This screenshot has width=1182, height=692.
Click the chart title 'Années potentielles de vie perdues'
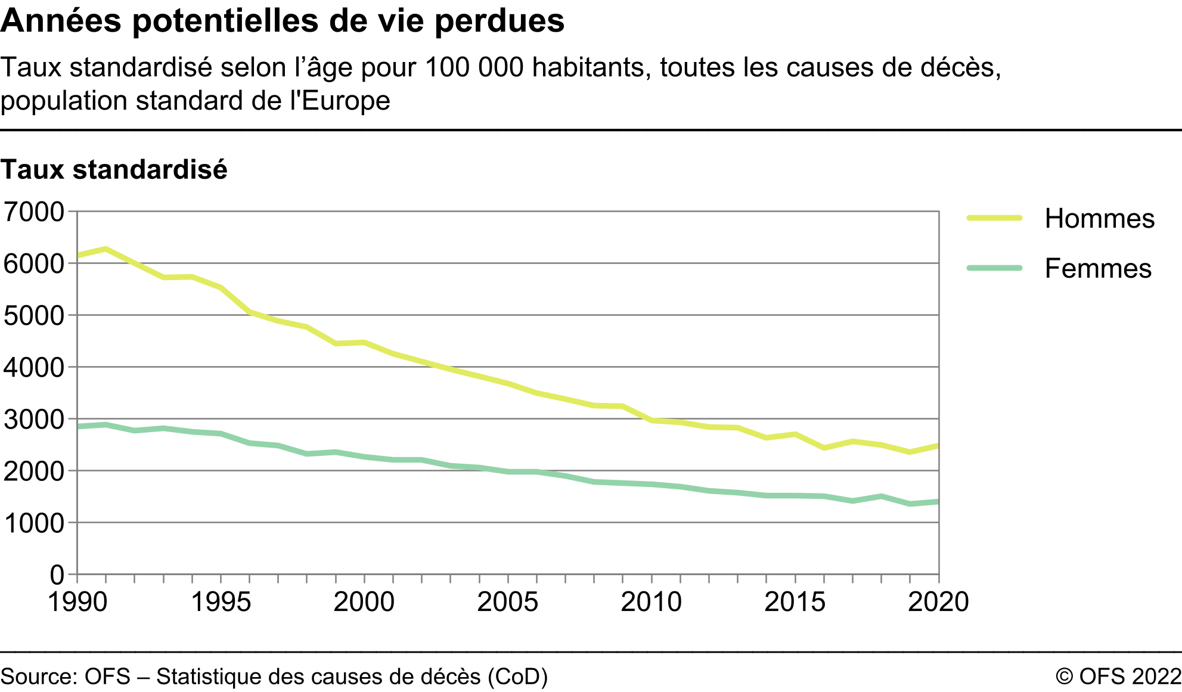pos(282,21)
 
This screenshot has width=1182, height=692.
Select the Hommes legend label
pos(1099,219)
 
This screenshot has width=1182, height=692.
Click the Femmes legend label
pos(1098,269)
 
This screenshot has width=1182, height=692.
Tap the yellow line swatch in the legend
pos(994,218)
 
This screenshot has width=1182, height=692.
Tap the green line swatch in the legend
pos(994,268)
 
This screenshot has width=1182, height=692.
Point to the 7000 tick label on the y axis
pos(34,212)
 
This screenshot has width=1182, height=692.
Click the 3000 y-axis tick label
pos(34,420)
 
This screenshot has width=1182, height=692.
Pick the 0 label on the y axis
pos(57,575)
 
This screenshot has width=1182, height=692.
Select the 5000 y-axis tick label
pos(34,316)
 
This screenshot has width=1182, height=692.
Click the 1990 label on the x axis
pos(77,602)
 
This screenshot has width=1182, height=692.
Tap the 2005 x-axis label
pos(507,602)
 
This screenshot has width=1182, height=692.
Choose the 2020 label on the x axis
pos(938,602)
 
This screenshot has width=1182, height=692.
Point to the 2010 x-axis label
pos(651,602)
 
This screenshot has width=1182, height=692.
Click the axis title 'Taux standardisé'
pos(114,170)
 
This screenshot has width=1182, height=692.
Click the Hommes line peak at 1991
pos(106,249)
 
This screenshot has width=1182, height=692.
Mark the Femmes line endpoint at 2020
pos(938,502)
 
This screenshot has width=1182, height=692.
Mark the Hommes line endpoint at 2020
pos(938,446)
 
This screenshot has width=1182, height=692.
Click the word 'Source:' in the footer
pos(39,677)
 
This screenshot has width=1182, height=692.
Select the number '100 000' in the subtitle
pos(474,68)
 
